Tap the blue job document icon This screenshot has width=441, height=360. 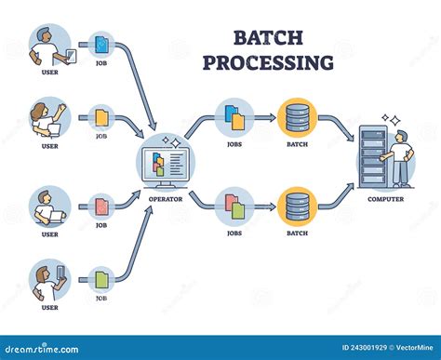101,45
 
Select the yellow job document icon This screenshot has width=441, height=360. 101,118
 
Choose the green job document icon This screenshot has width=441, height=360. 101,278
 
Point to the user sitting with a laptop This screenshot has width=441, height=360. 48,207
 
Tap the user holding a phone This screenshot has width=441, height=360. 48,280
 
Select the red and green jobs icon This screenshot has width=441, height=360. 234,205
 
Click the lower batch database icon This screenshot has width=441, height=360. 297,205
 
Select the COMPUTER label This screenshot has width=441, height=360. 385,197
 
